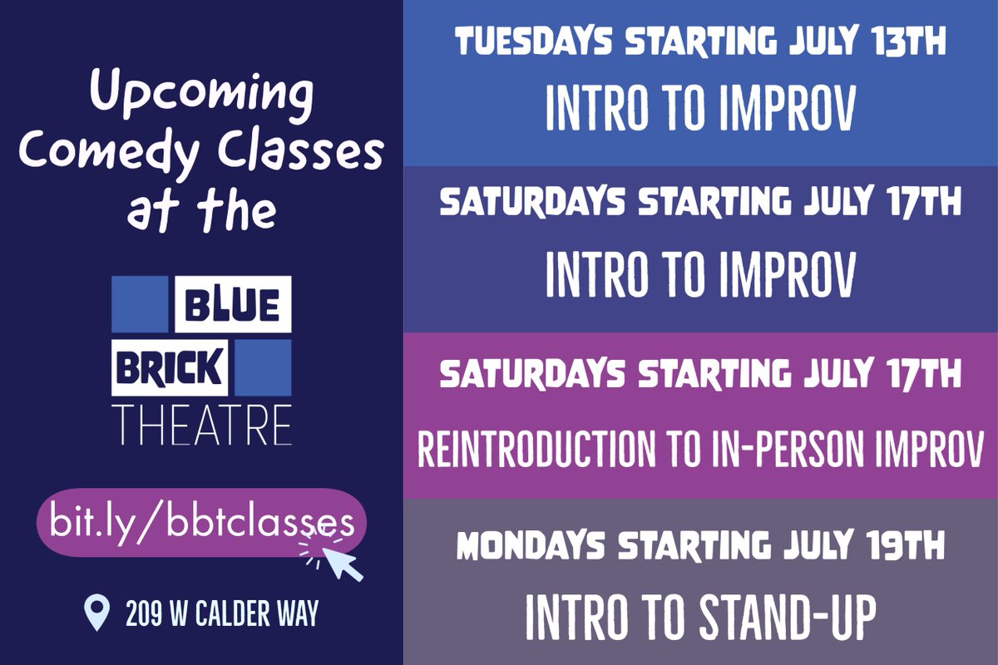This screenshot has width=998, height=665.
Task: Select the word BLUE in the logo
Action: tap(232, 304)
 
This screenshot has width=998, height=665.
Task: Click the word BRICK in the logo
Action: tap(170, 367)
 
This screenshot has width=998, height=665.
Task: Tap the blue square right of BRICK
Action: tap(263, 367)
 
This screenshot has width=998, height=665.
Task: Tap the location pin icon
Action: tap(97, 613)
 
